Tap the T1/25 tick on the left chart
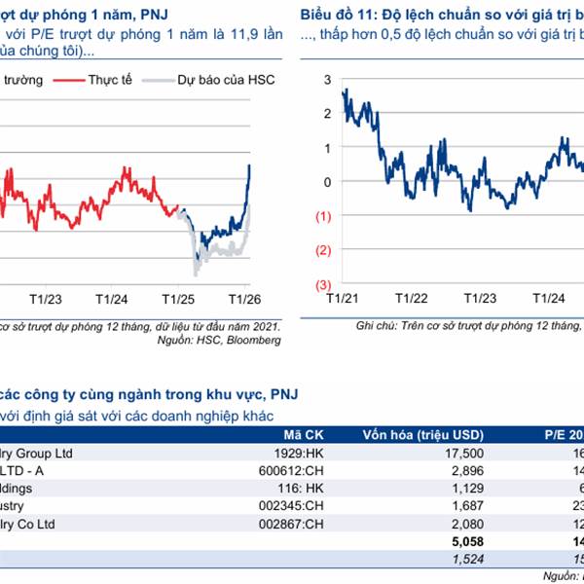tap(176, 298)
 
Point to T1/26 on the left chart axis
tap(244, 298)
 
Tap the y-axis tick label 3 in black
tap(327, 79)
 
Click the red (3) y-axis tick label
tap(324, 284)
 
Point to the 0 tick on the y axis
tap(327, 182)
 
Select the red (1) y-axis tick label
tap(324, 216)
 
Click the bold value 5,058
tap(465, 542)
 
